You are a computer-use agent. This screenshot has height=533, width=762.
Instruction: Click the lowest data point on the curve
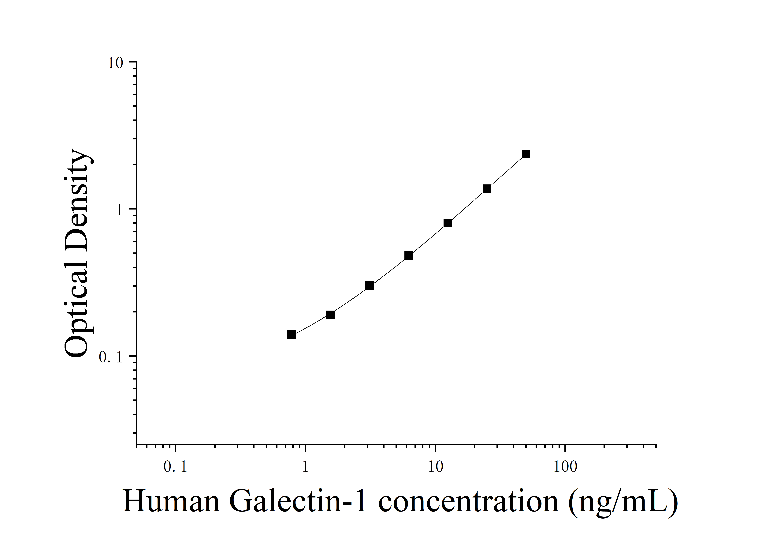click(x=291, y=335)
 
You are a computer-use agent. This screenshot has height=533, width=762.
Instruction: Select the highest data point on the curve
click(x=526, y=154)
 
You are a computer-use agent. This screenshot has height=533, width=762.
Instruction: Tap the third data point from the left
click(x=369, y=286)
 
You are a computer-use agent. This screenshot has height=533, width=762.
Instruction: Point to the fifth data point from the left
click(x=448, y=223)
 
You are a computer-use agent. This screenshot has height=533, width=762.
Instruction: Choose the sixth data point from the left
click(x=487, y=189)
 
